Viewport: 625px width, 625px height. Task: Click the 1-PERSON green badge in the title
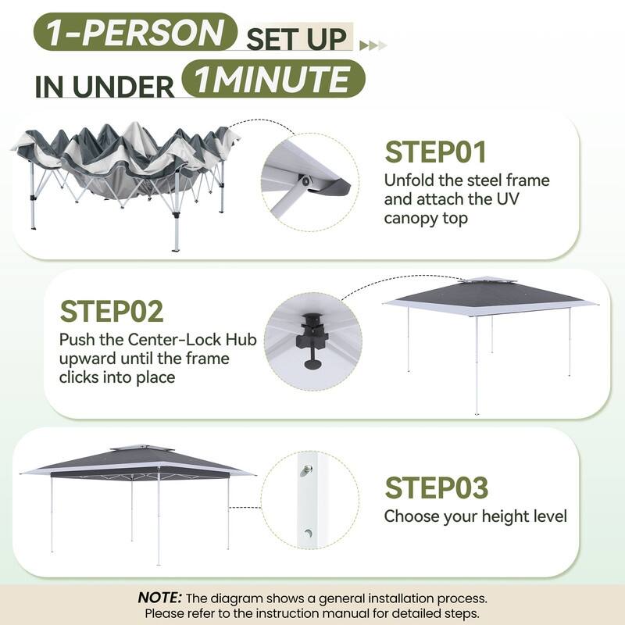pyautogui.click(x=135, y=32)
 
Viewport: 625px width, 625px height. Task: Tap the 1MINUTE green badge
pyautogui.click(x=273, y=79)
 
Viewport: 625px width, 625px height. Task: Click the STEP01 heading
pyautogui.click(x=435, y=152)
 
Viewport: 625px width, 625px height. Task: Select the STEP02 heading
pyautogui.click(x=112, y=311)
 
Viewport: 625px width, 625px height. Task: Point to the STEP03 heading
pyautogui.click(x=437, y=487)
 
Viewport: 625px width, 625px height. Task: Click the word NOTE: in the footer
pyautogui.click(x=160, y=598)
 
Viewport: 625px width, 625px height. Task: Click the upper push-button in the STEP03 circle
pyautogui.click(x=306, y=470)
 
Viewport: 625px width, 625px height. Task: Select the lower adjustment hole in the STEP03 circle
pyautogui.click(x=308, y=533)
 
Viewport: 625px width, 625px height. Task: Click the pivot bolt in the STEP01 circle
pyautogui.click(x=305, y=181)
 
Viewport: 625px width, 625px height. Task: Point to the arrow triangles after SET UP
pyautogui.click(x=373, y=45)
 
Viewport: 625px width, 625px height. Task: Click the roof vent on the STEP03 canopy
pyautogui.click(x=143, y=448)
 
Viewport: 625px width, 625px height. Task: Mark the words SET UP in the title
pyautogui.click(x=297, y=39)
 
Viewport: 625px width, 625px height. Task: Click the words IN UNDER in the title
pyautogui.click(x=105, y=87)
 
